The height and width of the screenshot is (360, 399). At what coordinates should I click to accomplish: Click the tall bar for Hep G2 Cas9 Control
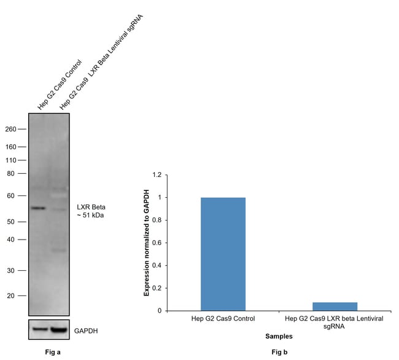click(x=223, y=254)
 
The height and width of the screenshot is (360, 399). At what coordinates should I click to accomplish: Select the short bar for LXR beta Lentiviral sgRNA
click(x=335, y=306)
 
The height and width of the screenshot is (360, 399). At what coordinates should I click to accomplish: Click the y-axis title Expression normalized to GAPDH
click(x=147, y=243)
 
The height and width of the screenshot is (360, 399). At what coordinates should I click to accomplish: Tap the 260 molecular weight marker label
click(x=10, y=130)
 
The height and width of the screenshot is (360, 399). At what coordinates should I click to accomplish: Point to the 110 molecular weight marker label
click(x=10, y=160)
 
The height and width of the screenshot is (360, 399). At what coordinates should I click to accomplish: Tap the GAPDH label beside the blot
click(x=86, y=331)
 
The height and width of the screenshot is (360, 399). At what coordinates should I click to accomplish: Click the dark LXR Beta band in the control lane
click(x=39, y=208)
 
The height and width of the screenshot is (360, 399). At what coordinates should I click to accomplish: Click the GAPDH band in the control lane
click(x=39, y=330)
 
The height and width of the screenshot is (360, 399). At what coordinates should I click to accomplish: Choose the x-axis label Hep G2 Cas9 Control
click(x=223, y=320)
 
